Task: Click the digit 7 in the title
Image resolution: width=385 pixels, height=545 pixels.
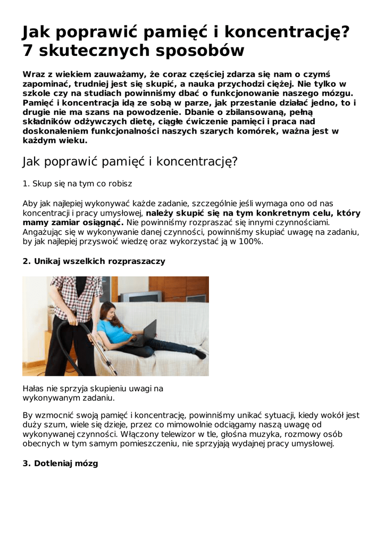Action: [28, 51]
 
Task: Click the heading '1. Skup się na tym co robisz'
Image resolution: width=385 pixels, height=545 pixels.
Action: [77, 184]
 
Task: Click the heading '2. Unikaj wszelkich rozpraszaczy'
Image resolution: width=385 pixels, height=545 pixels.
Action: [94, 261]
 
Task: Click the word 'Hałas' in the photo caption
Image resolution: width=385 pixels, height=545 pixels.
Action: [34, 389]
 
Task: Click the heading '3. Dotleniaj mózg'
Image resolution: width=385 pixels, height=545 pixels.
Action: [60, 464]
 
